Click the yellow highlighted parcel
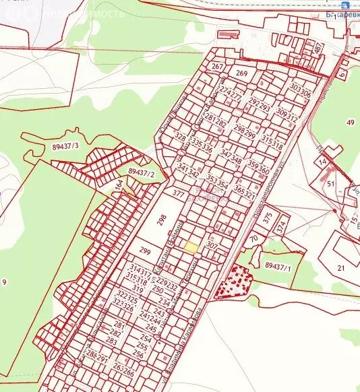click(x=191, y=248)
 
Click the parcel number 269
click(x=242, y=73)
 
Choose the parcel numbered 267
click(x=216, y=67)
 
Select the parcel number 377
click(x=178, y=193)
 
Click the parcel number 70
click(x=253, y=238)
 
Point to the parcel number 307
click(x=211, y=246)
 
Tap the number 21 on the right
click(x=340, y=268)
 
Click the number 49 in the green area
click(x=350, y=122)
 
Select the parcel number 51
click(x=330, y=183)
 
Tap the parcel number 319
click(x=139, y=290)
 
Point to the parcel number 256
click(x=138, y=354)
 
